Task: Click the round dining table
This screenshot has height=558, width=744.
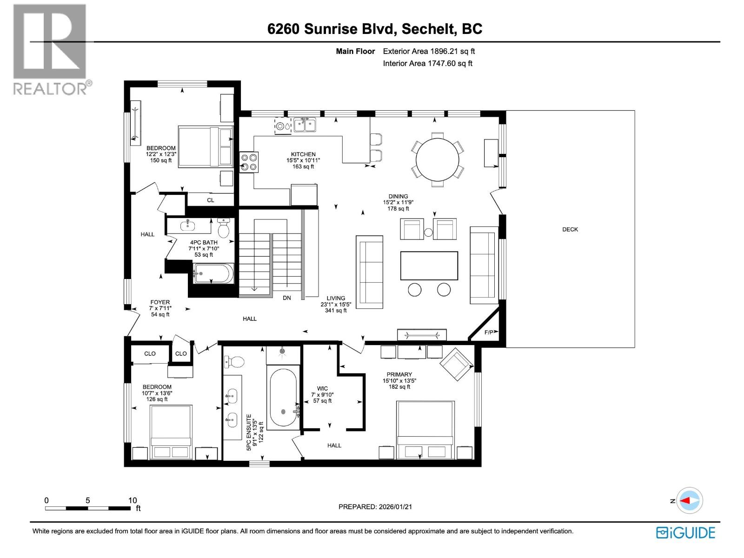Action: click(x=437, y=160)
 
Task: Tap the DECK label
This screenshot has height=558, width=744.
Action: click(x=570, y=229)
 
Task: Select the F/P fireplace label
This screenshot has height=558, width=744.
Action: click(x=489, y=332)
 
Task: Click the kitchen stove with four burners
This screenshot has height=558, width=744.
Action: click(x=249, y=162)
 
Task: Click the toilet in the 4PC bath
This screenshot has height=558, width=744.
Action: click(x=224, y=228)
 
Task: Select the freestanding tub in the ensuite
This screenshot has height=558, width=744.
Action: click(x=283, y=398)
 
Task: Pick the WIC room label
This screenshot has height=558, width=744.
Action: click(x=322, y=388)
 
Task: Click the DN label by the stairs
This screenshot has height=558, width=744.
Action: click(x=287, y=298)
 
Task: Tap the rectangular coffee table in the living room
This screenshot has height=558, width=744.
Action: click(x=429, y=266)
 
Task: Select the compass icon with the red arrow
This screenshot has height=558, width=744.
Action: click(x=690, y=501)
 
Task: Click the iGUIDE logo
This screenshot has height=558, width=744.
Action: click(x=685, y=532)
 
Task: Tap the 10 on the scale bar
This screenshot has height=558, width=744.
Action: click(x=133, y=500)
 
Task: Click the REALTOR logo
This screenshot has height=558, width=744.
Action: click(x=50, y=49)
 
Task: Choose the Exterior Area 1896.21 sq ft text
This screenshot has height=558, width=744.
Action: click(x=428, y=52)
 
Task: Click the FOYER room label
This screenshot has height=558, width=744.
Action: click(x=160, y=302)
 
